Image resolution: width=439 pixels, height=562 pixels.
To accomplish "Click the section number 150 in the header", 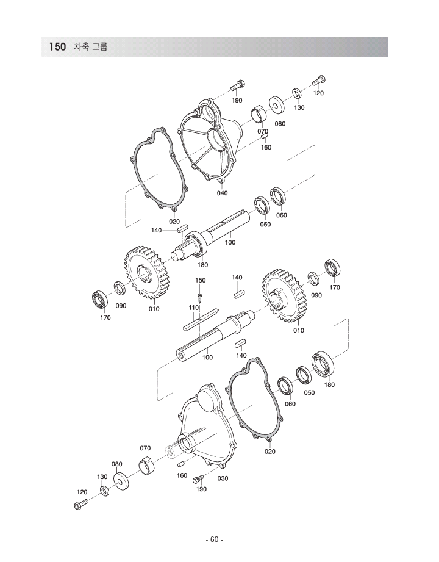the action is (58, 47).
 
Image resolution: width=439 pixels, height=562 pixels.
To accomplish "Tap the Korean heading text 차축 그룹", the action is (91, 46).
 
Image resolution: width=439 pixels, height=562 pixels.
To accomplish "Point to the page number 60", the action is (214, 540).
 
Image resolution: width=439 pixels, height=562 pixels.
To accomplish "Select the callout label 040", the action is (222, 193).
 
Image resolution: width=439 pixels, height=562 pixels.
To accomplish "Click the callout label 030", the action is (223, 478).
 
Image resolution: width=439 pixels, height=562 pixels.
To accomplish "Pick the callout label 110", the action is (194, 308).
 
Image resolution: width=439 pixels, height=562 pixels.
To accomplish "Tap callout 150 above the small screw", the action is (200, 280).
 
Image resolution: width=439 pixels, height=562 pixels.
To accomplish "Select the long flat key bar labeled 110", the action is (201, 319).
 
